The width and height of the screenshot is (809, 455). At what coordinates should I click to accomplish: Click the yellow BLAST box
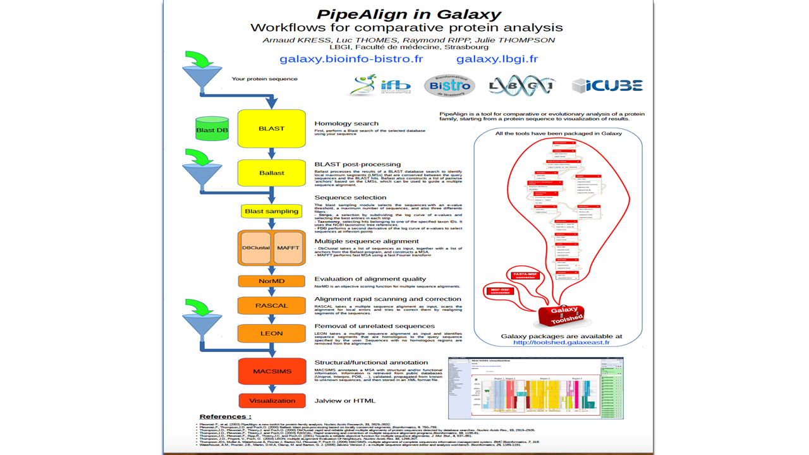(271, 128)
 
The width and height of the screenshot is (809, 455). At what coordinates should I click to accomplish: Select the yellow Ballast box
(271, 173)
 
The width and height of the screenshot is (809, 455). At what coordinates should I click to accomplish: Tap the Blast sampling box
(271, 211)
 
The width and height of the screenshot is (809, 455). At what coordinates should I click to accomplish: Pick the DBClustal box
(256, 248)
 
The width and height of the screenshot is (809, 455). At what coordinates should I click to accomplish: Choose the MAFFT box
(288, 248)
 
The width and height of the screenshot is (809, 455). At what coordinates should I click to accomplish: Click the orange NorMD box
(271, 281)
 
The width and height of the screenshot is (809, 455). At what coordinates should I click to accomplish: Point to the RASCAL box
(271, 305)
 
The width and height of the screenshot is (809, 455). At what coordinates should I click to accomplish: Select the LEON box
(271, 333)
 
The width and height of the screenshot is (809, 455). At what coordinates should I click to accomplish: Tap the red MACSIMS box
(271, 371)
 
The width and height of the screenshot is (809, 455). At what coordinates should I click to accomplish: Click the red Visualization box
(271, 401)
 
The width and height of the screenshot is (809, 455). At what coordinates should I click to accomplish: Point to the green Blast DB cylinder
(212, 129)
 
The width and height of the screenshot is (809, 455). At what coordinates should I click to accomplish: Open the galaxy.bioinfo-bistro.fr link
(351, 59)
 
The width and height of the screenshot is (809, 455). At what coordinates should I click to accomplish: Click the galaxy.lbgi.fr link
(497, 59)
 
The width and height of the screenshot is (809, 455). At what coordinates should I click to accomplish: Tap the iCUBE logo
(607, 86)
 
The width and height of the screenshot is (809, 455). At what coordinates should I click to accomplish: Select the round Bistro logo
(449, 85)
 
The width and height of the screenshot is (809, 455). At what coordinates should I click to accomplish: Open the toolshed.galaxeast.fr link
(561, 343)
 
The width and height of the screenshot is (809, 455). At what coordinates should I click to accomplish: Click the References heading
(226, 416)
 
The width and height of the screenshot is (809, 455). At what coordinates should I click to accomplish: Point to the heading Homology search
(346, 123)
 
